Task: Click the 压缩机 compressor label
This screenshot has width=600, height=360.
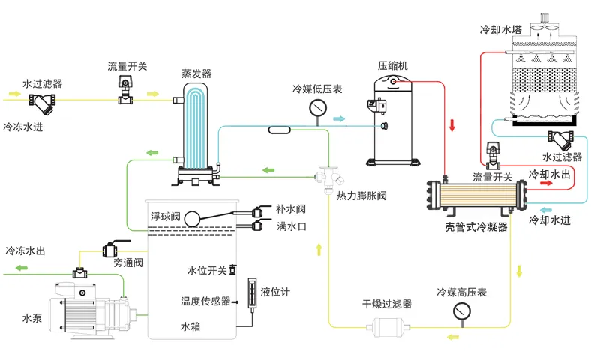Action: click(393, 66)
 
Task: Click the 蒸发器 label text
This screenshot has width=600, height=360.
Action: click(196, 73)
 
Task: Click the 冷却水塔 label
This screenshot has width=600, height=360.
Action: click(500, 31)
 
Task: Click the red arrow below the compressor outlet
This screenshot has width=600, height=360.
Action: click(452, 124)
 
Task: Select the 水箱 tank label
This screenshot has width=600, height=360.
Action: click(191, 327)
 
